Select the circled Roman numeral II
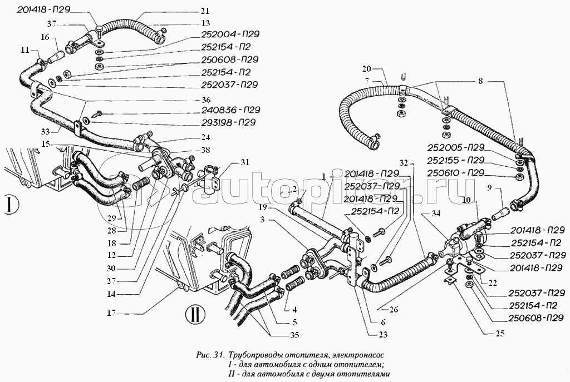click(x=194, y=316)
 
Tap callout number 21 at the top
click(x=205, y=11)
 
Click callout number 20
click(x=366, y=69)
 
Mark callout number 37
click(x=51, y=23)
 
